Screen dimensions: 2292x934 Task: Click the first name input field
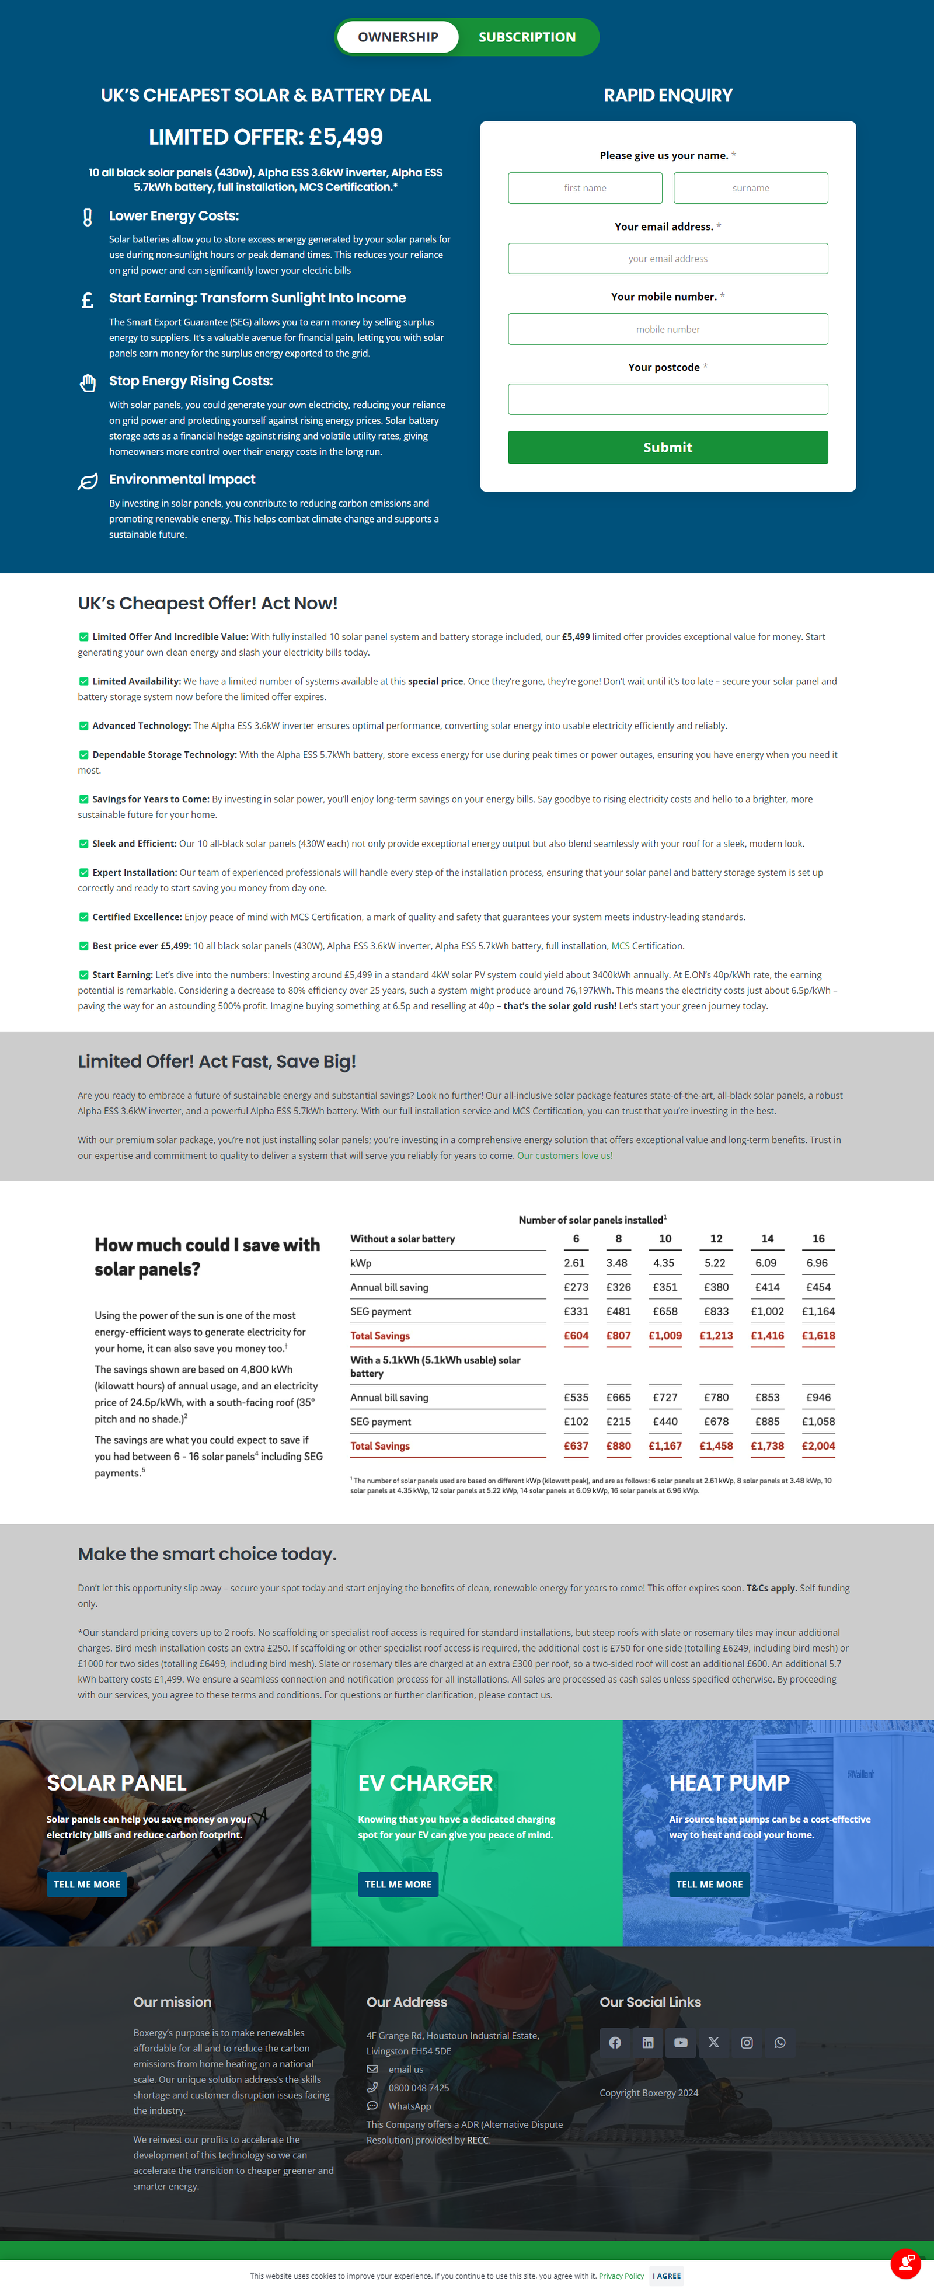[584, 188]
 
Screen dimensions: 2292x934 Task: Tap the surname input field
[750, 188]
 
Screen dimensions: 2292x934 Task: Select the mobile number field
[667, 329]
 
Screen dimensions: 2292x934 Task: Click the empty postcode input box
[667, 399]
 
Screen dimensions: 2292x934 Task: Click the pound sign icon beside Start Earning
[87, 301]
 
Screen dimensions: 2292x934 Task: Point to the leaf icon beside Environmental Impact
[87, 482]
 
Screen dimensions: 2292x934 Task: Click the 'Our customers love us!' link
[565, 1156]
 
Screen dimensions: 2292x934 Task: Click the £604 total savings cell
[576, 1336]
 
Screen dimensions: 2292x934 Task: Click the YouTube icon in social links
[681, 2043]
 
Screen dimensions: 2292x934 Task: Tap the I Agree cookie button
[666, 2276]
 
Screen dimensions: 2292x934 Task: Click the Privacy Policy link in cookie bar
[621, 2276]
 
